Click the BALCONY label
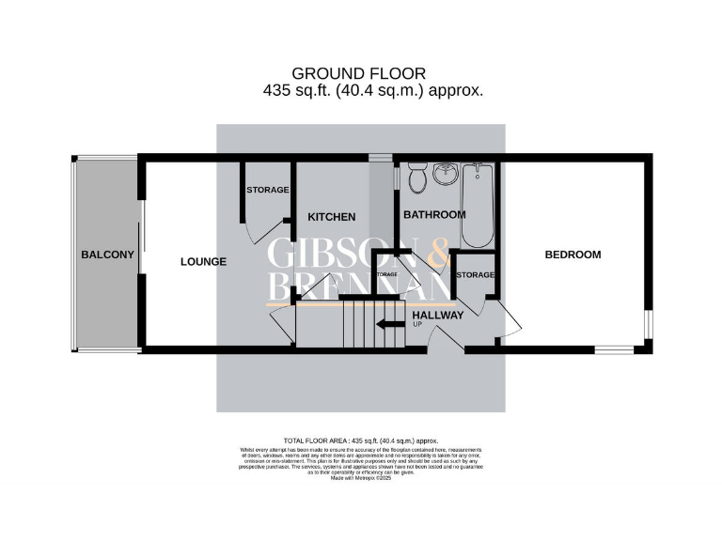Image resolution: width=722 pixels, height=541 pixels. pyautogui.click(x=107, y=255)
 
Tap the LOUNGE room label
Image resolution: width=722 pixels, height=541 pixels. pyautogui.click(x=203, y=262)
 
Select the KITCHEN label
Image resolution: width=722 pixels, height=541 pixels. pyautogui.click(x=332, y=217)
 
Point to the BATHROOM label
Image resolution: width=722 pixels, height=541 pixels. pyautogui.click(x=434, y=215)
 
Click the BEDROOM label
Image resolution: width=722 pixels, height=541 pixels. pyautogui.click(x=573, y=255)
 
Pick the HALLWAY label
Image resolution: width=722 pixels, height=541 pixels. pyautogui.click(x=438, y=316)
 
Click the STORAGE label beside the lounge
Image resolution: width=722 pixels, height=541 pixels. pyautogui.click(x=268, y=190)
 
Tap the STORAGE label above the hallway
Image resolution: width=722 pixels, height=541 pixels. pyautogui.click(x=475, y=275)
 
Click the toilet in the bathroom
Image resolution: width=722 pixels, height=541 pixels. pyautogui.click(x=416, y=176)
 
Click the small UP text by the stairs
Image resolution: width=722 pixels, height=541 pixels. pyautogui.click(x=417, y=325)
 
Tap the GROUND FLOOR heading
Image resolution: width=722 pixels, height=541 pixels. pyautogui.click(x=359, y=73)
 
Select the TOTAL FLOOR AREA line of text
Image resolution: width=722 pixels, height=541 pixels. pyautogui.click(x=361, y=441)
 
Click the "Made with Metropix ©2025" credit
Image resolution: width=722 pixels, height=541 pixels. pyautogui.click(x=361, y=478)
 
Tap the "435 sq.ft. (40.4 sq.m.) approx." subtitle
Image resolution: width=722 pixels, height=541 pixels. pyautogui.click(x=373, y=91)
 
